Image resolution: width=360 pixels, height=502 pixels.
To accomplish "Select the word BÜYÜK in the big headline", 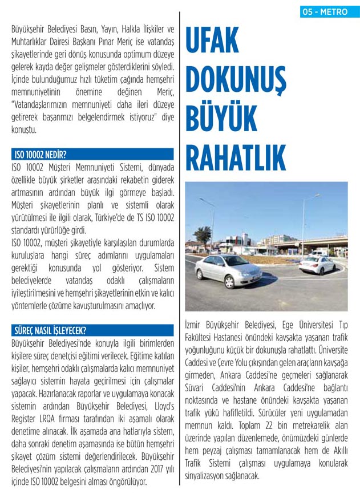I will [220, 118].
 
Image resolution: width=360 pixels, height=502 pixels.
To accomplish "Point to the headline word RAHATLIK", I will [234, 156].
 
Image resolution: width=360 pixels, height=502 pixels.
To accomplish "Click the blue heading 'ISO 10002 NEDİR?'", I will [42, 154].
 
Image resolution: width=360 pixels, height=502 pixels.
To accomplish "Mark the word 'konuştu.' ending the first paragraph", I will [24, 129].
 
